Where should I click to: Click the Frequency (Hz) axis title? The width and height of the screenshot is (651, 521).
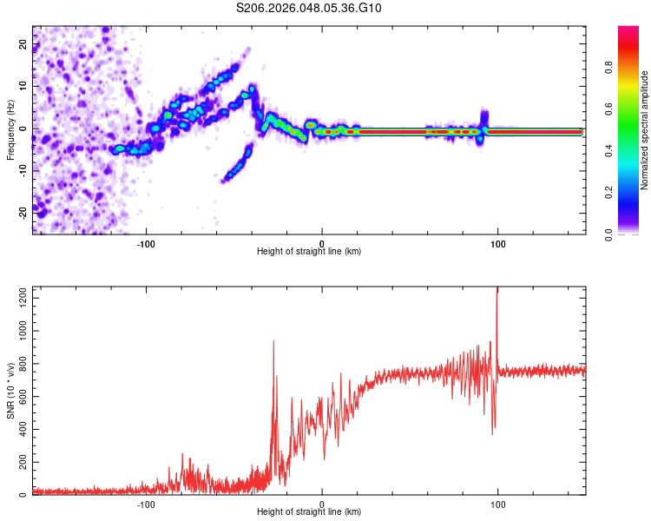coord(10,129)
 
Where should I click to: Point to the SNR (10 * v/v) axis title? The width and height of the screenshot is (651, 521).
coord(10,390)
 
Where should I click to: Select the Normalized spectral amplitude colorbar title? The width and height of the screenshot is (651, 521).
coord(645,130)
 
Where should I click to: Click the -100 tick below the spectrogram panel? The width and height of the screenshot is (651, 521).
coord(146,242)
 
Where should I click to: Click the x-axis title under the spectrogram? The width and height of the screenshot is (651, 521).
coord(309,252)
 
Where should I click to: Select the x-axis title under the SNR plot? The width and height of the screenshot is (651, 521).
coord(309,513)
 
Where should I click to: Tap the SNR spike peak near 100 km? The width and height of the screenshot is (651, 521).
coord(497,290)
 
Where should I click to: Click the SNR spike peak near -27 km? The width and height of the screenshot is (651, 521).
coord(273,341)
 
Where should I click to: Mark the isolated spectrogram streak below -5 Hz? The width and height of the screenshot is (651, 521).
coord(238,163)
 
